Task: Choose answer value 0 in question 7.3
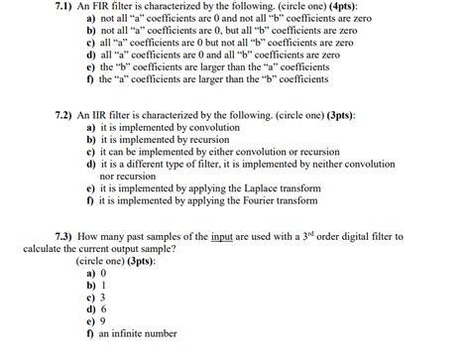coord(102,272)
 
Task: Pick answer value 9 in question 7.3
coord(102,321)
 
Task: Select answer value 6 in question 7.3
coord(102,308)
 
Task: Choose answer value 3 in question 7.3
coord(102,297)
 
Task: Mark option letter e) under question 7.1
coord(90,68)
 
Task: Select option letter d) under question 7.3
coord(90,308)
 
